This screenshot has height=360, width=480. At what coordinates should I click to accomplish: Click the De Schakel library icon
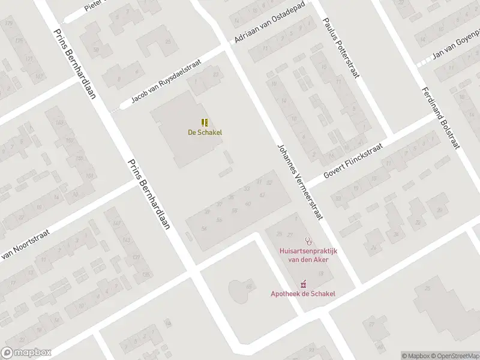[205, 122]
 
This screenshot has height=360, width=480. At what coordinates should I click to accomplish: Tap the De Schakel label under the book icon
[205, 132]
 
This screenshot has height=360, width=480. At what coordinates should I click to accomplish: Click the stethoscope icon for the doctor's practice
[308, 241]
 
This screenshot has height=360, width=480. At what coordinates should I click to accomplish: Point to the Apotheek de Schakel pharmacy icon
[303, 283]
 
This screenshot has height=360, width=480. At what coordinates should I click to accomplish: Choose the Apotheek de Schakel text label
[303, 293]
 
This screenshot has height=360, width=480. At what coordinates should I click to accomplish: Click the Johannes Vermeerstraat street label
[301, 182]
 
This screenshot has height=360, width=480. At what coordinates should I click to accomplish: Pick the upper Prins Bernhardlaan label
[74, 64]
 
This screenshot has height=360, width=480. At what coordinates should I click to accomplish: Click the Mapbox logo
[26, 353]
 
